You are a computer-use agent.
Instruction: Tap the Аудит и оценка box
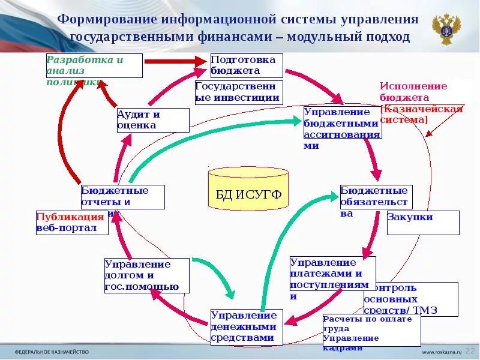(x=152, y=120)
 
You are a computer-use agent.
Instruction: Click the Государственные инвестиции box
(x=238, y=92)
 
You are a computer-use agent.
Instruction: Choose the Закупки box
(x=423, y=222)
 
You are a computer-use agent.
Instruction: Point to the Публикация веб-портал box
(x=72, y=223)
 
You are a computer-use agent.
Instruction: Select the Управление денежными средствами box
(x=245, y=326)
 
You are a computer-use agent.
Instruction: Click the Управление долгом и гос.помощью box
(x=146, y=275)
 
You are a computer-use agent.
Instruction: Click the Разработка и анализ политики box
(x=94, y=65)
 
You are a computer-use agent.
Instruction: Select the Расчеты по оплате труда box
(x=371, y=330)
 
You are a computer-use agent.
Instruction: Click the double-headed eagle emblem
(x=446, y=29)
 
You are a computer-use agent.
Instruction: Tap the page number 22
(x=470, y=351)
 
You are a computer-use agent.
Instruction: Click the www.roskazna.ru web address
(x=442, y=352)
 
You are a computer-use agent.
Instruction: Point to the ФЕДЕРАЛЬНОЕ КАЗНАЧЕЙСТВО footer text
(x=51, y=352)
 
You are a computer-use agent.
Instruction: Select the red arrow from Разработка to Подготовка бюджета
(x=174, y=61)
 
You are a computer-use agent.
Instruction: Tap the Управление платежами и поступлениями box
(x=332, y=278)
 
